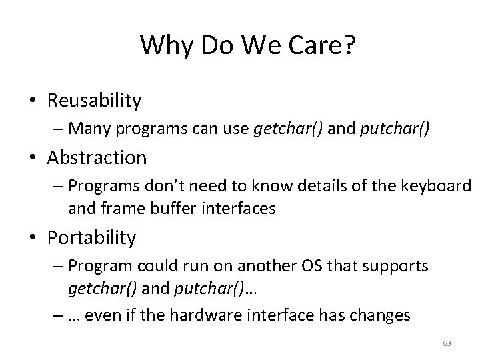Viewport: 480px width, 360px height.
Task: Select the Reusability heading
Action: click(x=94, y=101)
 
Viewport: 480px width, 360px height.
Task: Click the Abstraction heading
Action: click(x=97, y=158)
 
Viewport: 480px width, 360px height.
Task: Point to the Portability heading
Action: click(x=91, y=237)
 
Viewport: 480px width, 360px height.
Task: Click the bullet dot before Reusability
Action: click(x=34, y=101)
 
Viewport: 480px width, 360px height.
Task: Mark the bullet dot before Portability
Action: click(x=34, y=237)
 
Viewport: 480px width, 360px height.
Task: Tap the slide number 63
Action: click(x=447, y=343)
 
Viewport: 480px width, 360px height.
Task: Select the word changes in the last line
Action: click(x=376, y=314)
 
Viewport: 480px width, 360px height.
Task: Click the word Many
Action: click(x=87, y=128)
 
